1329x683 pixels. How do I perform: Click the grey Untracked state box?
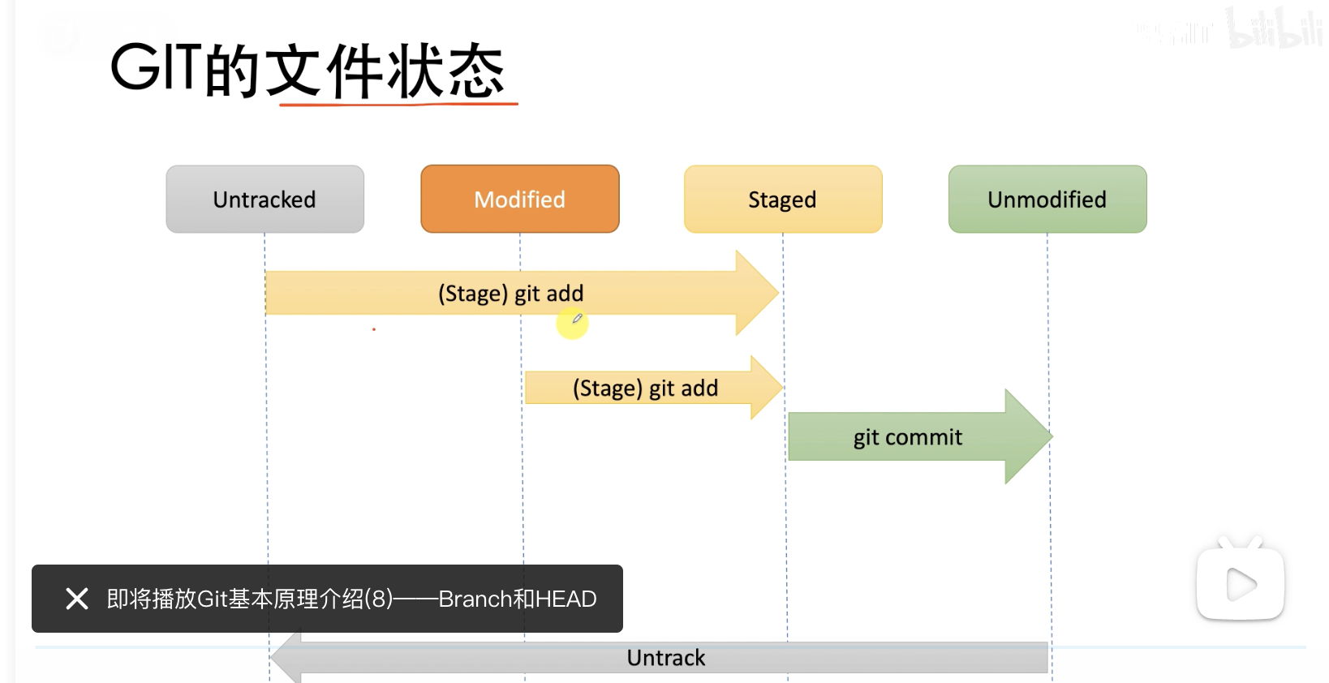tap(265, 200)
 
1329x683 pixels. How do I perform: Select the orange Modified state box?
tap(520, 200)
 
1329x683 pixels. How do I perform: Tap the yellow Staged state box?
tap(783, 200)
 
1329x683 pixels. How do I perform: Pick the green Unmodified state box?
tap(1047, 200)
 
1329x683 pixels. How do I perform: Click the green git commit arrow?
tap(919, 436)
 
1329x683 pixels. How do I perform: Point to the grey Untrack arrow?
tap(659, 658)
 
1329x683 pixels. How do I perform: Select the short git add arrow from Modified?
tap(653, 388)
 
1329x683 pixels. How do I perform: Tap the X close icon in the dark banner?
tap(77, 599)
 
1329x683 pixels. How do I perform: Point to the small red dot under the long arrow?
tap(374, 329)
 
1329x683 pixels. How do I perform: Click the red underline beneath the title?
tap(398, 105)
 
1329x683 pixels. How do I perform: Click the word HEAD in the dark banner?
tap(566, 599)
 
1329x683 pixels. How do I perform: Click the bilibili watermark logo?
tap(1275, 28)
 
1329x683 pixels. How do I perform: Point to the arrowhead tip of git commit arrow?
tap(1052, 436)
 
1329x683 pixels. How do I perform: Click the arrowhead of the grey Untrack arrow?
tap(286, 658)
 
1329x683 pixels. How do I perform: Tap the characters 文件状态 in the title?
tap(385, 70)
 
